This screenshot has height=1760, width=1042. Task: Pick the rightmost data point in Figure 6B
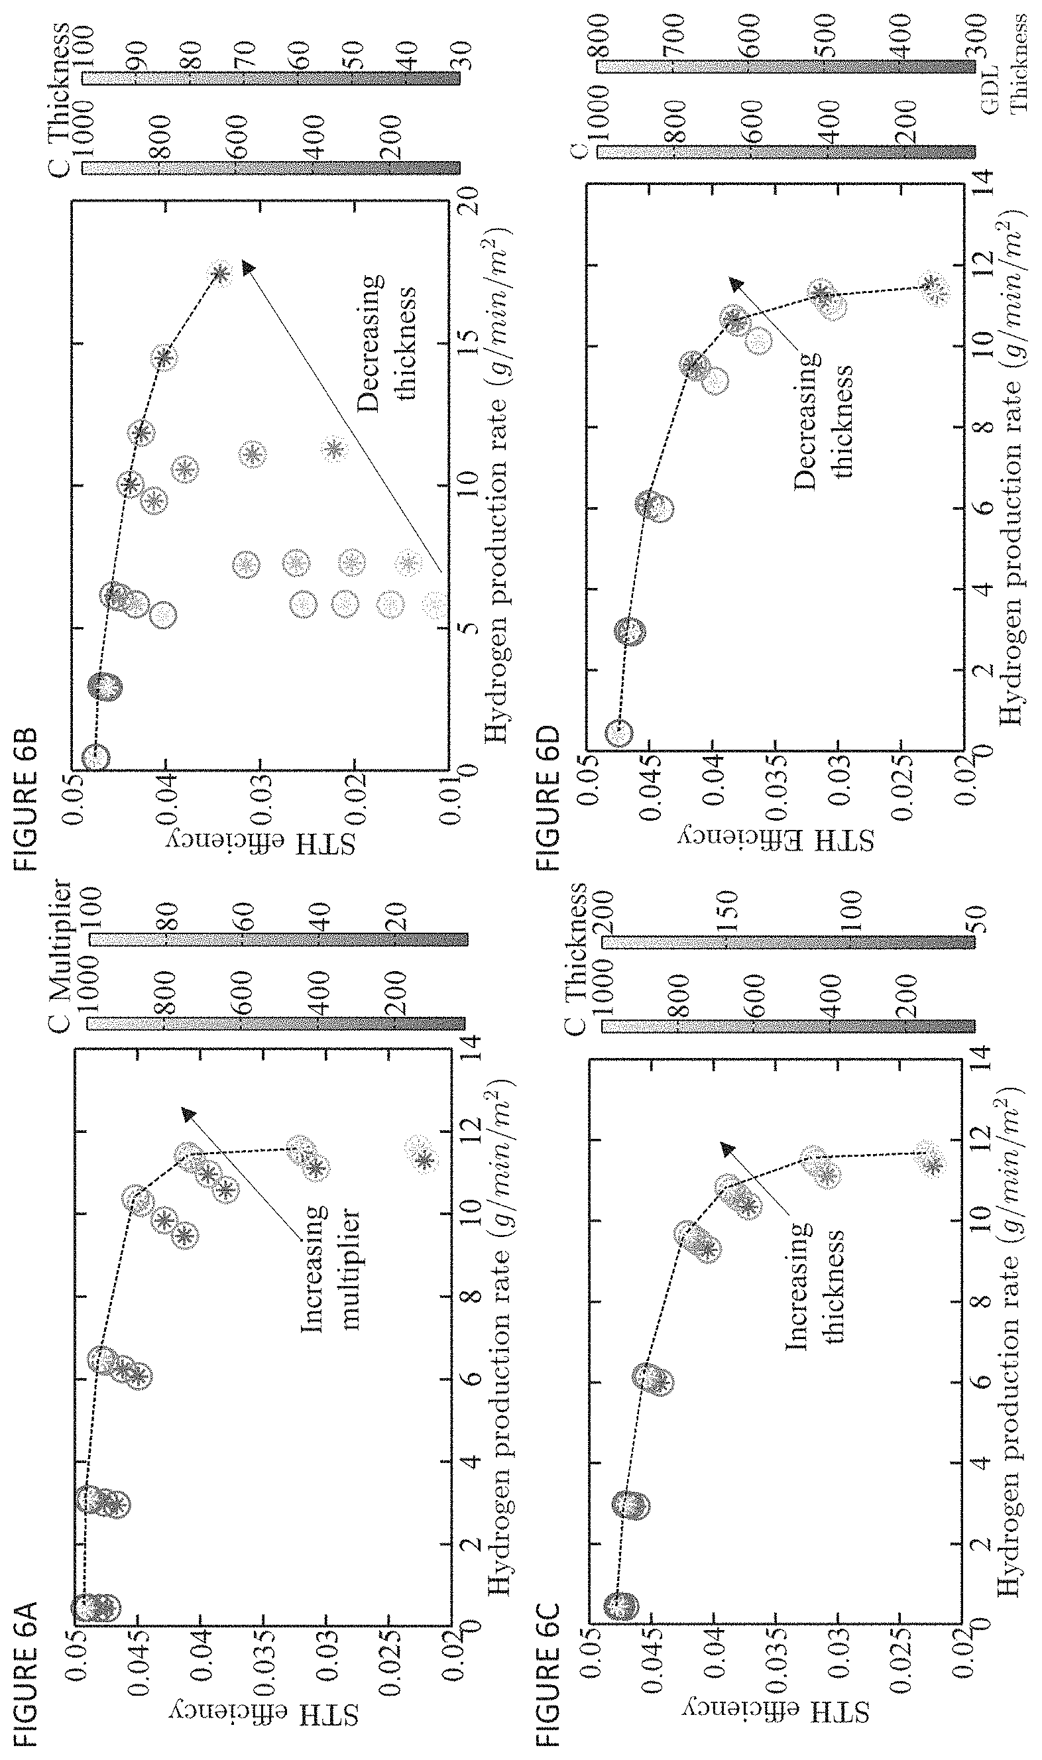tap(220, 274)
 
